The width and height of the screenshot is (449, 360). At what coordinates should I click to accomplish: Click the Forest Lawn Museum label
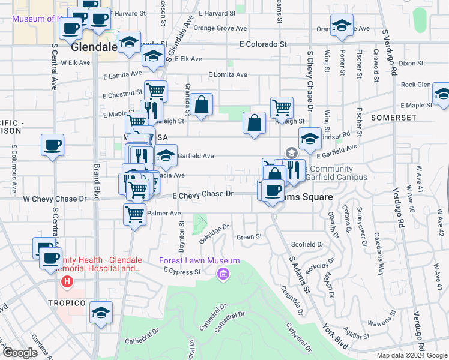point(199,261)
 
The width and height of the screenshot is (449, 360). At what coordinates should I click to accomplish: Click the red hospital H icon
point(67,281)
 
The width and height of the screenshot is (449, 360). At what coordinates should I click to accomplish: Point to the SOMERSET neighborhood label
point(393,118)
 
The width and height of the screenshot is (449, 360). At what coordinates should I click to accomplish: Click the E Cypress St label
point(182,272)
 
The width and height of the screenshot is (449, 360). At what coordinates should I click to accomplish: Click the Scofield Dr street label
point(307,245)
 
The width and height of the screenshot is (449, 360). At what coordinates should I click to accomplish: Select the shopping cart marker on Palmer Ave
point(135,214)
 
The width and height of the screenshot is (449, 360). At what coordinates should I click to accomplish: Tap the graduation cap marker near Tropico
point(101,313)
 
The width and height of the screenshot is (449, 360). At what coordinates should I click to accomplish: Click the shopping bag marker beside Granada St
point(203,105)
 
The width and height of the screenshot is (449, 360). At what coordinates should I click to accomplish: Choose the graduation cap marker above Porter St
point(342,27)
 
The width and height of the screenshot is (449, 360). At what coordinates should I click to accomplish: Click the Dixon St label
point(411,62)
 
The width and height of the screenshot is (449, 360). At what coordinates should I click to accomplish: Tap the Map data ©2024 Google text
point(412,355)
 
